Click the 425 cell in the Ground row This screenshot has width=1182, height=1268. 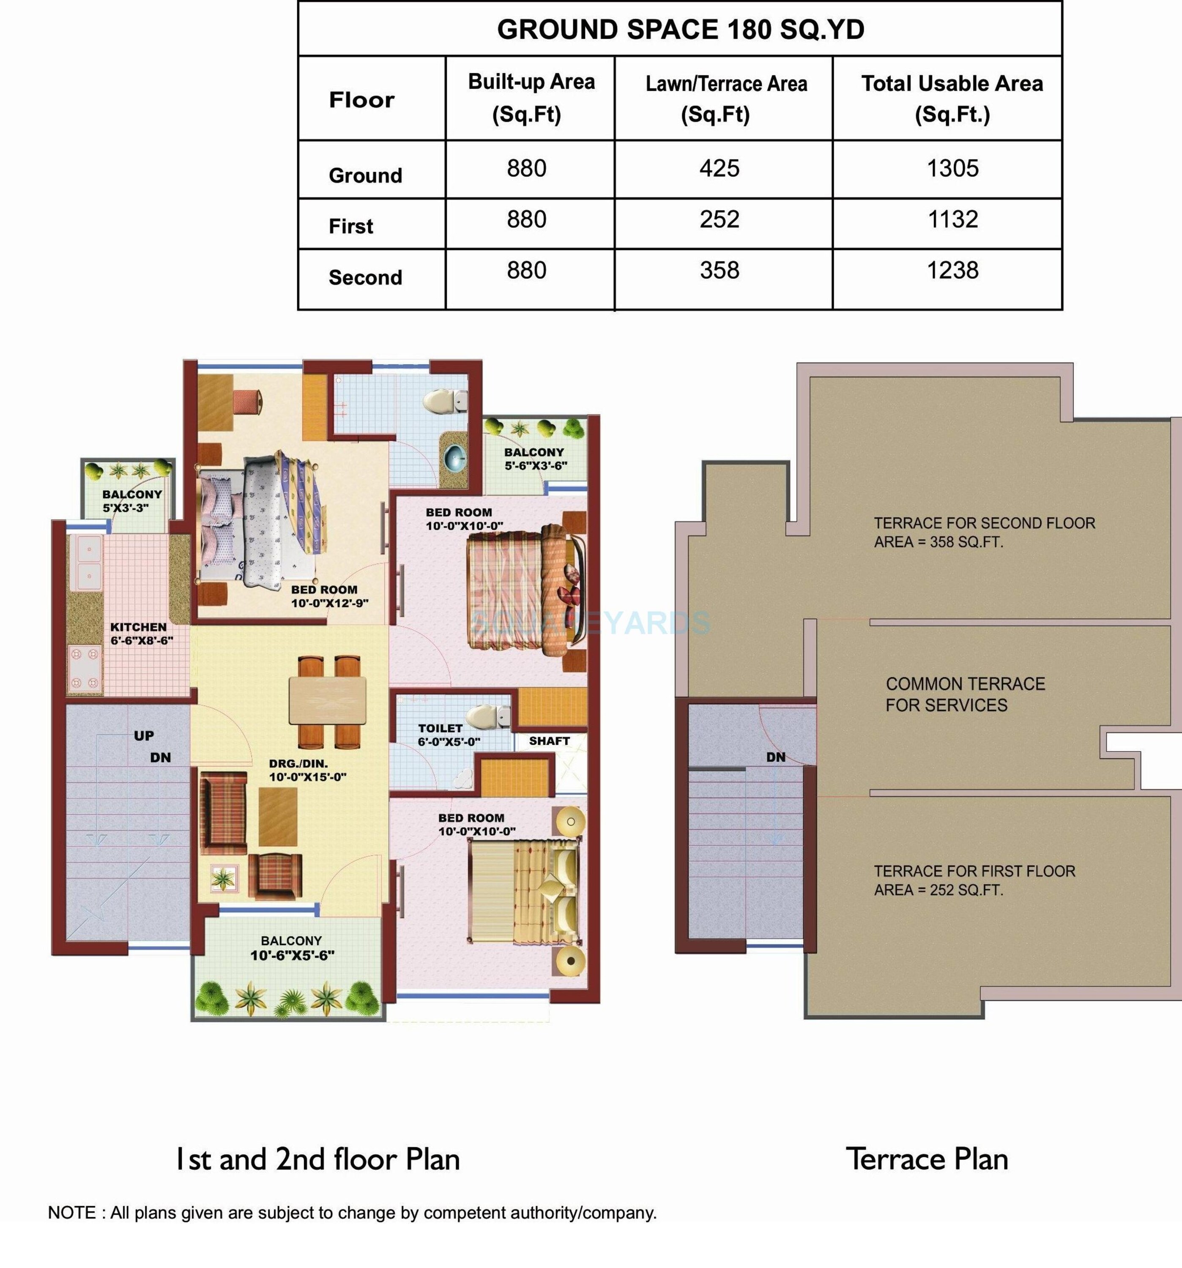(x=719, y=168)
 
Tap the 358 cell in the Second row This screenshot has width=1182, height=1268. (x=719, y=271)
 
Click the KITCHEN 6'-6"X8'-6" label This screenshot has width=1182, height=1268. (x=140, y=633)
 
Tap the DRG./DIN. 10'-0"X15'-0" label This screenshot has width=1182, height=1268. (x=307, y=770)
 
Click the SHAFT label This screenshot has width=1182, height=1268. (x=549, y=741)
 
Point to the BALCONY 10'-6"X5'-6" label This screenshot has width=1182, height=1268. (x=292, y=948)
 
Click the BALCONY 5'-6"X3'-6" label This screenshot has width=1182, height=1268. (x=534, y=459)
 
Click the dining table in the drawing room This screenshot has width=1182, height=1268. (x=327, y=700)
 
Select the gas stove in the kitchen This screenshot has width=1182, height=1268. (x=85, y=668)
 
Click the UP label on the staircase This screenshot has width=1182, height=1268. (x=144, y=735)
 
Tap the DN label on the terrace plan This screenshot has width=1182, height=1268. (x=776, y=757)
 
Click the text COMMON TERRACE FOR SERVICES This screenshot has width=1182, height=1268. (x=964, y=694)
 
